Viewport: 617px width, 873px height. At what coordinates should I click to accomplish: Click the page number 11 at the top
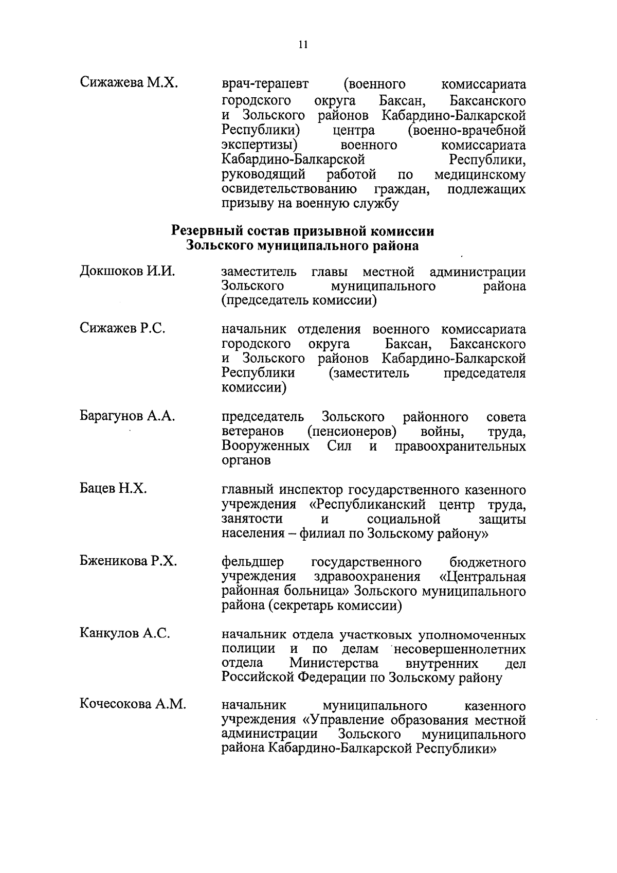coord(303,45)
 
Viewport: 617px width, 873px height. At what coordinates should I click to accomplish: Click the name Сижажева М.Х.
coord(129,83)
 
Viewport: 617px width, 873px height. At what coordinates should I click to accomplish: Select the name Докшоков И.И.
coord(127,271)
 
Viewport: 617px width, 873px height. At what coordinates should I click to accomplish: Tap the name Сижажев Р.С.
coord(122,328)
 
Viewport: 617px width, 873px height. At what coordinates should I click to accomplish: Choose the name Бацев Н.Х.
coord(113,489)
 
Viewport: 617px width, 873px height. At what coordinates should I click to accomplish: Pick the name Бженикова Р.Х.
coord(128,561)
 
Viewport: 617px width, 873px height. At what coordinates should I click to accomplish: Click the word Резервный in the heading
coord(204,231)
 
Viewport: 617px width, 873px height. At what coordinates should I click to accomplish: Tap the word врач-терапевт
coord(266,84)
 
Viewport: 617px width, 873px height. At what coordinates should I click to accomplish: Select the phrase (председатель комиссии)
coord(299,300)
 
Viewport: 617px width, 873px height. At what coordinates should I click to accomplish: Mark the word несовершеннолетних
coord(459,649)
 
